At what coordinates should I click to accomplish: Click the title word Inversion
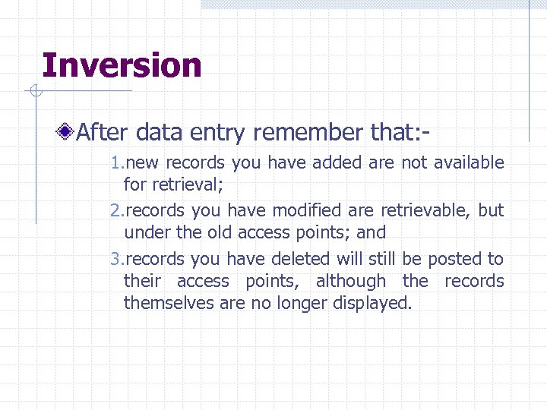click(122, 65)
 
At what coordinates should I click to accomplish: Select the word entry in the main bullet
click(219, 134)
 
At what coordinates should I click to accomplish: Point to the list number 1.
click(115, 162)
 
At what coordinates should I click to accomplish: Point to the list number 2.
click(115, 210)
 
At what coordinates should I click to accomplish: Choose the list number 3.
click(115, 259)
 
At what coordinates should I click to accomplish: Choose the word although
click(351, 281)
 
